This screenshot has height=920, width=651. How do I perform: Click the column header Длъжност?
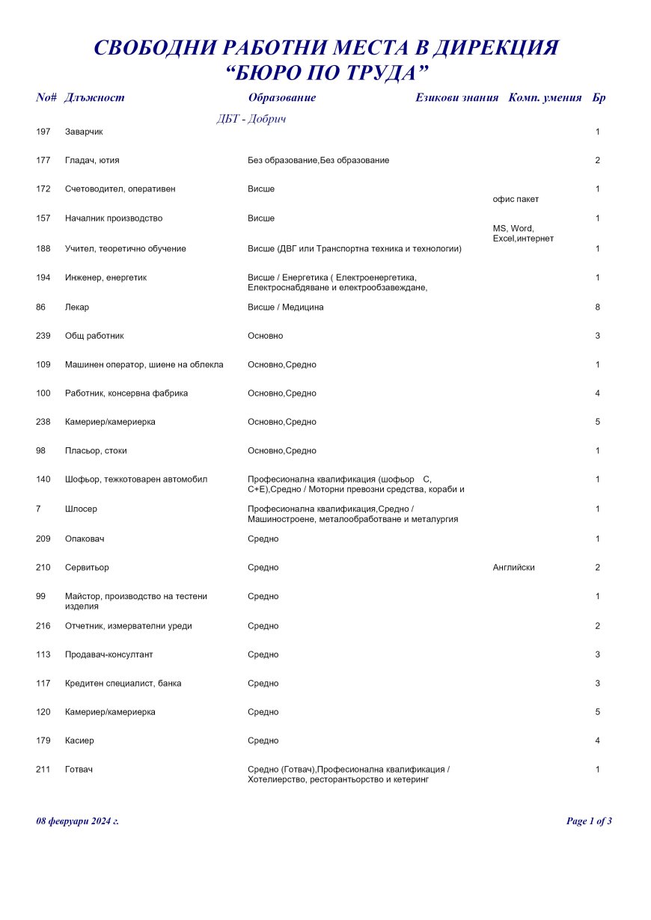(95, 98)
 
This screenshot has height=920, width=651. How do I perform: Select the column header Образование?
(281, 98)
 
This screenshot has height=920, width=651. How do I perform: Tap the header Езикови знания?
(456, 98)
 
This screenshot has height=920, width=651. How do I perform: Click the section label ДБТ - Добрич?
(251, 119)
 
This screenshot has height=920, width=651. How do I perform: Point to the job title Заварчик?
(84, 132)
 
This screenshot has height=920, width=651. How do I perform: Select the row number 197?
(43, 132)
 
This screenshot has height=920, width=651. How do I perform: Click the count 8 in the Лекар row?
(597, 307)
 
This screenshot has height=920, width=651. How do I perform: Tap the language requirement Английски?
(513, 568)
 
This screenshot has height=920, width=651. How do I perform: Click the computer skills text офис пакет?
(516, 199)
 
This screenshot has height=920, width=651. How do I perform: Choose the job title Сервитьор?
(87, 568)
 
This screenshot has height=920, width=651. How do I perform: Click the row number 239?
(43, 336)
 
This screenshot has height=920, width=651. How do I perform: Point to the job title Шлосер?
(81, 509)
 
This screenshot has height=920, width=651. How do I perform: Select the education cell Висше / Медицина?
(286, 307)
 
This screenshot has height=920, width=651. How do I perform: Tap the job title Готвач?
(79, 770)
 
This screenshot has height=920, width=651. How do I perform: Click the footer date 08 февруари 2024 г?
(77, 821)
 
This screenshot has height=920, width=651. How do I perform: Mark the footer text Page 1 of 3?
(589, 821)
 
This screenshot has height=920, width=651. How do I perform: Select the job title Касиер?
(79, 740)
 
